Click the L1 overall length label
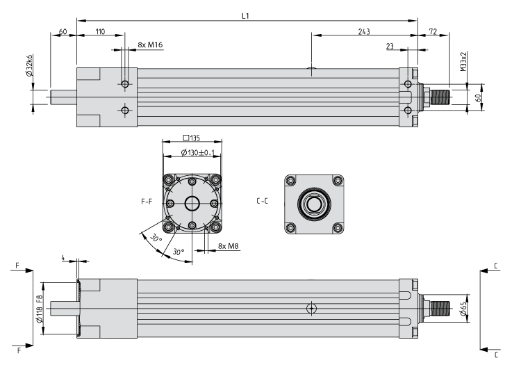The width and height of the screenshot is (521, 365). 245,15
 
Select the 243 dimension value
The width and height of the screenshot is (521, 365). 364,31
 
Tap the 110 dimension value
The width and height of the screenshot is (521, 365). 100,31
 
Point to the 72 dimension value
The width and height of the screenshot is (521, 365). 433,31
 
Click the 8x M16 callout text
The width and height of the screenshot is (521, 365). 150,44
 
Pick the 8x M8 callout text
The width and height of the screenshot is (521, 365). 229,246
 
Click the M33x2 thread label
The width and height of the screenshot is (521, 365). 464,61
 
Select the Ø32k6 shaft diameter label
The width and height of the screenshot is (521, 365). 30,65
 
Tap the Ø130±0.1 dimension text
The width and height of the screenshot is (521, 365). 198,152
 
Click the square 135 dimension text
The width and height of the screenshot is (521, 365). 192,138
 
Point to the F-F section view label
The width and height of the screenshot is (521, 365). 147,202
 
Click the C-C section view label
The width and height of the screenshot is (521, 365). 262,201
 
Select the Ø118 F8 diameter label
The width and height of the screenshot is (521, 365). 39,309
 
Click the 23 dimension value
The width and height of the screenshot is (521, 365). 390,46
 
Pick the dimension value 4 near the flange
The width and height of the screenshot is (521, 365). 63,258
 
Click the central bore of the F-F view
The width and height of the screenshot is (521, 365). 192,204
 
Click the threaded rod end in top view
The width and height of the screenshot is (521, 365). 440,97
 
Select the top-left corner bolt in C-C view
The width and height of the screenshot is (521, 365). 291,181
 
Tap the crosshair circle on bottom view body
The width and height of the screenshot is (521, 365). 311,309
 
